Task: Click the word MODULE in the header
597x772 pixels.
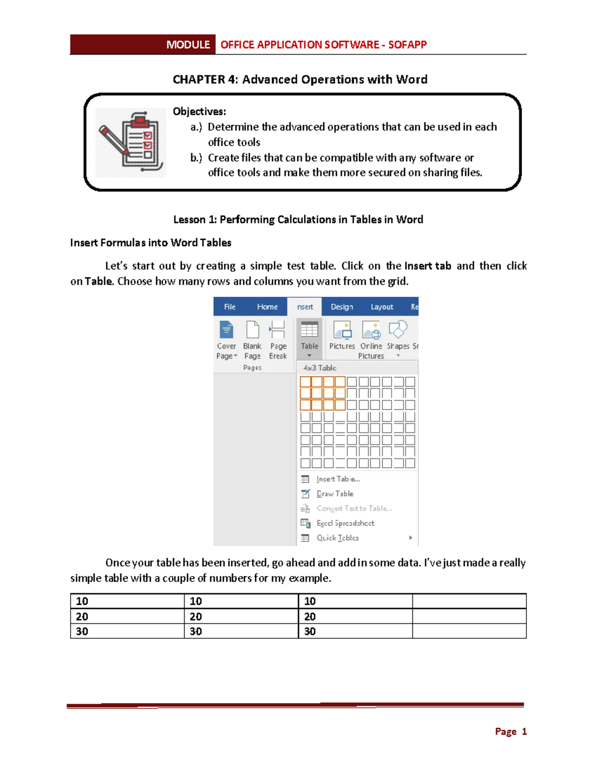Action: coord(188,45)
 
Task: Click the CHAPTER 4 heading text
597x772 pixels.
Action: coord(299,80)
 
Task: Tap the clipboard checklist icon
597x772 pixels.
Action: coord(131,142)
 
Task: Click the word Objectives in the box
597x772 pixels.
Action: coord(199,111)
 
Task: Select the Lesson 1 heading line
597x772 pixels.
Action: coord(298,220)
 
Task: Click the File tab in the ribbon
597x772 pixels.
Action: coord(229,307)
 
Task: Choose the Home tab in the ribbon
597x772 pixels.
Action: coord(267,307)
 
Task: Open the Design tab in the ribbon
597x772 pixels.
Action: coord(342,307)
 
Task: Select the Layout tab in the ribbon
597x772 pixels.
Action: coord(382,307)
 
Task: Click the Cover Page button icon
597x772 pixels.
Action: coord(226,331)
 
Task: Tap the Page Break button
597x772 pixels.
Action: coord(278,341)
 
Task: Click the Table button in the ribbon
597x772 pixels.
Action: coord(309,338)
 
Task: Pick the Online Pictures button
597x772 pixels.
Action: coord(371,341)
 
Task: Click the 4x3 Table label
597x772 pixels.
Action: coord(320,368)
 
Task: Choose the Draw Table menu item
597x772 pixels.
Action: coord(335,494)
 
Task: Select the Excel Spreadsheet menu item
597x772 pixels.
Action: coord(345,523)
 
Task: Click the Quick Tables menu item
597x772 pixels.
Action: coord(337,538)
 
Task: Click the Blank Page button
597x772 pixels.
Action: coord(252,341)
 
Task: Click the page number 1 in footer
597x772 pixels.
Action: coord(524,731)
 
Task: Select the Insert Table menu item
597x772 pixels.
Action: coord(338,479)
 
